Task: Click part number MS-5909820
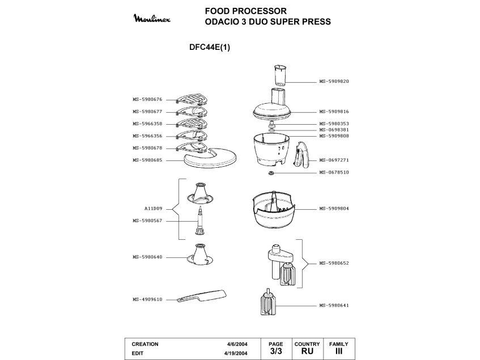tap(334, 81)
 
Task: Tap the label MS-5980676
tap(147, 99)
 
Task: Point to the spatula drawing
tap(201, 295)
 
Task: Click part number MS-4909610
tap(147, 299)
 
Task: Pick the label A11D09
tap(153, 209)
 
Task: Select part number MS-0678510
tap(334, 172)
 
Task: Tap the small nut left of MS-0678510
tap(271, 172)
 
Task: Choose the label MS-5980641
tap(334, 306)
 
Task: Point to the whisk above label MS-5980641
tap(267, 304)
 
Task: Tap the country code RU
tap(307, 352)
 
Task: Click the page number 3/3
tap(276, 352)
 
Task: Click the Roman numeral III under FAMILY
tap(339, 352)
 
